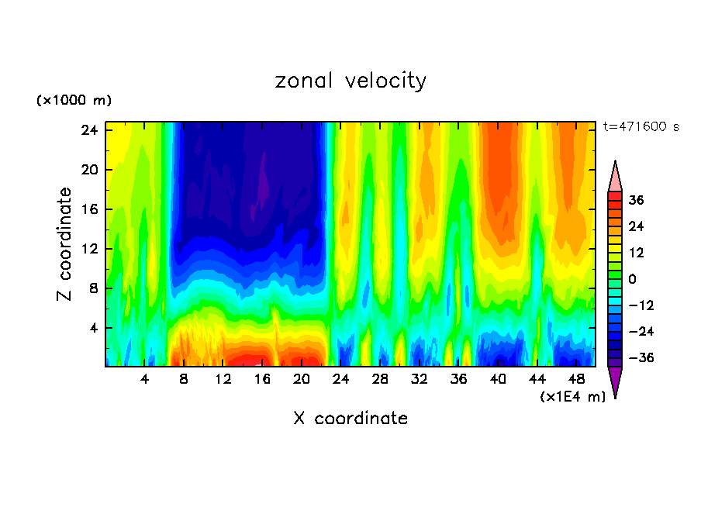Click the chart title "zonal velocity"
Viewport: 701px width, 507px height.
[x=350, y=81]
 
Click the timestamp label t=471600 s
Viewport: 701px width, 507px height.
[x=641, y=127]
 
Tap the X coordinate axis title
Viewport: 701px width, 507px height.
[x=350, y=419]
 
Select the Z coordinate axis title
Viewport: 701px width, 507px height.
[x=65, y=244]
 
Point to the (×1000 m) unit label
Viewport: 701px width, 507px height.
[x=74, y=101]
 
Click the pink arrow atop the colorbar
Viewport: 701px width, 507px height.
[x=615, y=176]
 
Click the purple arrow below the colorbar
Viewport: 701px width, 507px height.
[x=615, y=381]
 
